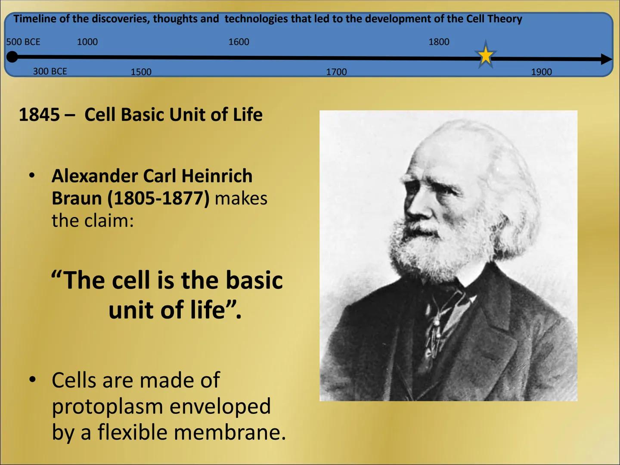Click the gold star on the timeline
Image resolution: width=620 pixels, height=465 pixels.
click(x=486, y=56)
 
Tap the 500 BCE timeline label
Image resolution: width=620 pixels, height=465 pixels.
click(x=23, y=42)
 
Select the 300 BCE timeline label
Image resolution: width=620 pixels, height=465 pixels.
click(x=50, y=71)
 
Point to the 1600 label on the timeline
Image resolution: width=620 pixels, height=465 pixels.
click(x=239, y=42)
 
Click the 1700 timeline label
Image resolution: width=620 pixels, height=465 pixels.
click(x=336, y=72)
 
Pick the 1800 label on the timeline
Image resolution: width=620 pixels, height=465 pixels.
click(x=439, y=42)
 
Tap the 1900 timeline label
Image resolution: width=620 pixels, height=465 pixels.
click(x=541, y=72)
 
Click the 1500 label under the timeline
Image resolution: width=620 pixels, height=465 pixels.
click(x=141, y=72)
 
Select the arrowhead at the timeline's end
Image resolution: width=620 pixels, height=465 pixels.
click(x=606, y=59)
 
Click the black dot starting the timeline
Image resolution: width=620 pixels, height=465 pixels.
click(x=12, y=56)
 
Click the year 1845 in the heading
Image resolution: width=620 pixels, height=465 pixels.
click(x=39, y=115)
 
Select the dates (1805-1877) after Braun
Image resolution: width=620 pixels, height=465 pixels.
click(x=158, y=198)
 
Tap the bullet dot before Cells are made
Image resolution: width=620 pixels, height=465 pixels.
click(x=32, y=380)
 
